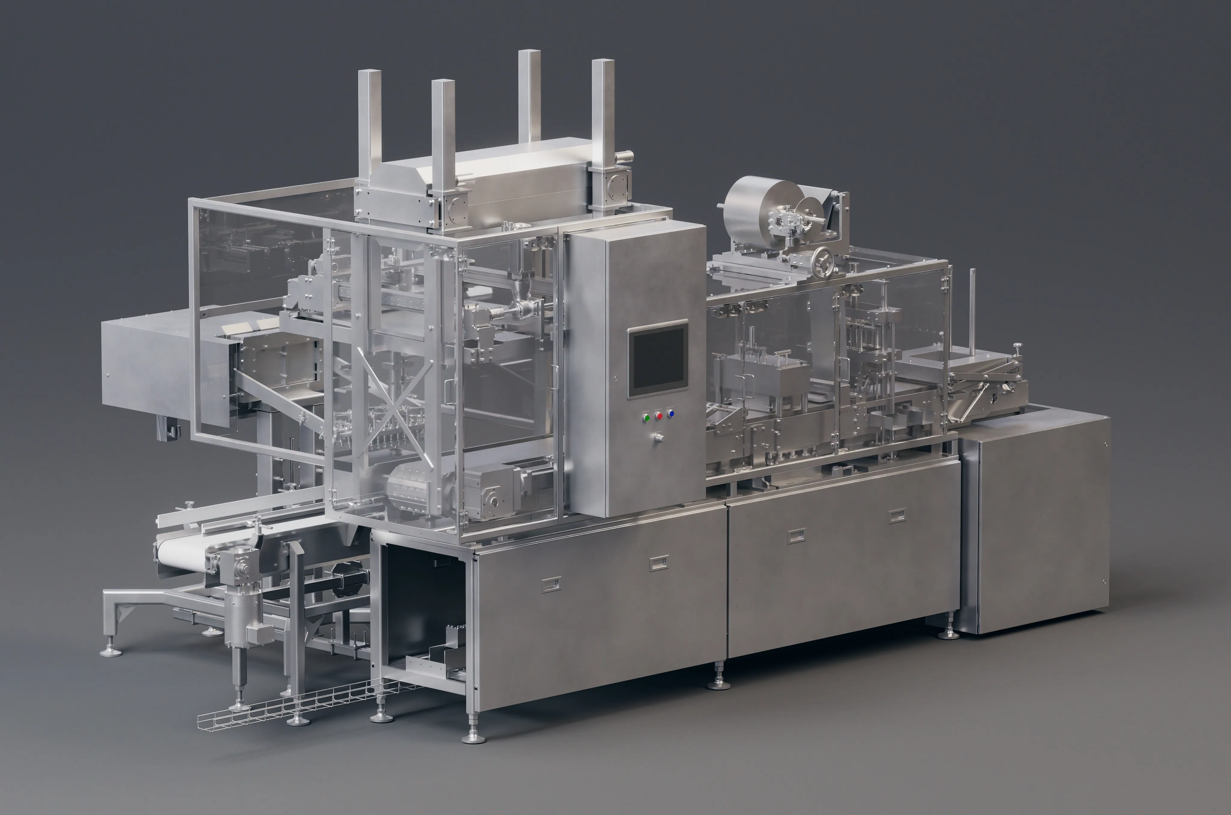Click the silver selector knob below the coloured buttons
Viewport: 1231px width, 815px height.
pyautogui.click(x=658, y=438)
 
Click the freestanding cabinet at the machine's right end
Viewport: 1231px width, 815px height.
pyautogui.click(x=1035, y=520)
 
